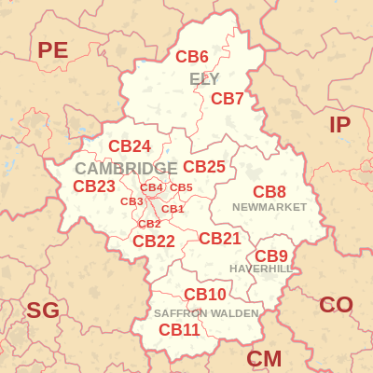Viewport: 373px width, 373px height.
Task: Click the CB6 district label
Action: click(192, 56)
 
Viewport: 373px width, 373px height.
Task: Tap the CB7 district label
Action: click(228, 98)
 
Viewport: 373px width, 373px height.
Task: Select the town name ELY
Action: click(204, 78)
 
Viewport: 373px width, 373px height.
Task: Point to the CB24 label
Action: click(130, 145)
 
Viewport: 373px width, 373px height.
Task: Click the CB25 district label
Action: click(204, 166)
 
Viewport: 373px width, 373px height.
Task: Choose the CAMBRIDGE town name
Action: click(126, 168)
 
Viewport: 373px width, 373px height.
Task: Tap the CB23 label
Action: click(94, 186)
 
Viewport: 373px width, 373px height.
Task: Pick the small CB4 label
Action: click(152, 187)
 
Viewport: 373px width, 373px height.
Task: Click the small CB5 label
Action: click(181, 187)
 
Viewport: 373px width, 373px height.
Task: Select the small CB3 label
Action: click(131, 201)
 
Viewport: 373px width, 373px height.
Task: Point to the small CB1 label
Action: click(173, 209)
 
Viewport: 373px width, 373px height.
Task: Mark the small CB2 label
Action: click(149, 224)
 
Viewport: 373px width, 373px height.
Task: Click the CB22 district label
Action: click(154, 241)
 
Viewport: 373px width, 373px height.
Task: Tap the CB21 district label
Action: click(220, 238)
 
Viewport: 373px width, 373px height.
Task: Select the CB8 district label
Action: click(269, 191)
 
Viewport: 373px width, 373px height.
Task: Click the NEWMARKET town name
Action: click(269, 206)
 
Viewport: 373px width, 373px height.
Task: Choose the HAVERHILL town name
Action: click(261, 269)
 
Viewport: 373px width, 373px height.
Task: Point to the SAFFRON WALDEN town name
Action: click(206, 313)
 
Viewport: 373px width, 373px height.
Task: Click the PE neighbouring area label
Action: click(53, 50)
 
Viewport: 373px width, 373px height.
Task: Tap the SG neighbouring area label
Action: click(42, 311)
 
